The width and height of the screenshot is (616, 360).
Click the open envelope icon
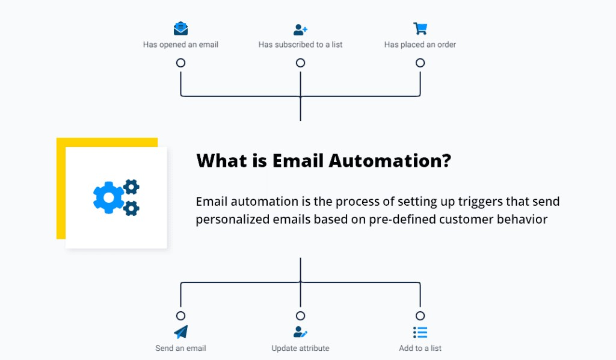point(180,28)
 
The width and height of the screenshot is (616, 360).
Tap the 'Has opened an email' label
point(180,45)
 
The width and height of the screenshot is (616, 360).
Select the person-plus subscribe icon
point(300,29)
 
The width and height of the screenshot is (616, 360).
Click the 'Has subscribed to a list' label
point(300,45)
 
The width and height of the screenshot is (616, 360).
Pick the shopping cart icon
point(420,28)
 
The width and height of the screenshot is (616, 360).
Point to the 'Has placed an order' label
point(420,45)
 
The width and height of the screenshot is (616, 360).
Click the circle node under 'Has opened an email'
point(180,63)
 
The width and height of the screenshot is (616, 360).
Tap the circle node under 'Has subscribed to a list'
point(300,63)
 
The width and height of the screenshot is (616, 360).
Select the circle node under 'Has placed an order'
point(420,63)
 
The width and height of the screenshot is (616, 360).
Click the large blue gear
point(108,197)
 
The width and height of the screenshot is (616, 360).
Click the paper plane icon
point(180,332)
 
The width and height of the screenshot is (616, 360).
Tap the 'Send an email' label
point(180,348)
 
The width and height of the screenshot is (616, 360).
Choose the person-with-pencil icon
point(300,332)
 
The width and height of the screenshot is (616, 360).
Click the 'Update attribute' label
point(300,348)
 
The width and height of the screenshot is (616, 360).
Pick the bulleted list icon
point(420,332)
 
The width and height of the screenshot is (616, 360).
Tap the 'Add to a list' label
point(420,348)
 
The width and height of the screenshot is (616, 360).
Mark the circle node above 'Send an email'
point(180,315)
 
